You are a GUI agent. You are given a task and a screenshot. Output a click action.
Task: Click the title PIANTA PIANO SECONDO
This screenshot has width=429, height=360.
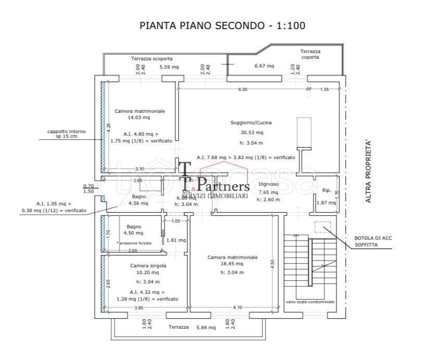coord(222,25)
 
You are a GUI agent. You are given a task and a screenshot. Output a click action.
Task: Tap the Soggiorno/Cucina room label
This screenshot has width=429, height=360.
coord(251,123)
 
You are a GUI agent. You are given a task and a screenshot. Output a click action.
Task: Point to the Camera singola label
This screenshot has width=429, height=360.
coord(148,265)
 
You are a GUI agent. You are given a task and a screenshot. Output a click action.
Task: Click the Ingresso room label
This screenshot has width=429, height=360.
coord(269,184)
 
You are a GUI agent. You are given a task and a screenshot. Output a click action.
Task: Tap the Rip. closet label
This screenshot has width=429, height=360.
coord(326,190)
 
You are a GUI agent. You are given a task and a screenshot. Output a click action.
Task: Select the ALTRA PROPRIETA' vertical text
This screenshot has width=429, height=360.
coord(368,171)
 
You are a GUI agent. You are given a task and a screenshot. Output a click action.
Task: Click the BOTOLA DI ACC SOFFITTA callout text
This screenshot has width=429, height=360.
coord(373,240)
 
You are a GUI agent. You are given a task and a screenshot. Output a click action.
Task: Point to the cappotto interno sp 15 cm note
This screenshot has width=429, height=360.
coord(67,134)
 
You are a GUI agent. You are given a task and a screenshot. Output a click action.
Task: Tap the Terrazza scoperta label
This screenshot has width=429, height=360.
coord(152,59)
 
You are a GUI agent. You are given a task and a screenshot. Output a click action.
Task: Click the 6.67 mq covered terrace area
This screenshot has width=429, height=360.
coord(264,66)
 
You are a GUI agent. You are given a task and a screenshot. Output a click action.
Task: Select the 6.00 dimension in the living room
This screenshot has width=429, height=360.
coord(243,89)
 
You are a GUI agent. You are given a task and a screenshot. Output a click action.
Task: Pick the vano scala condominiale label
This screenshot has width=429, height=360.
coord(310,302)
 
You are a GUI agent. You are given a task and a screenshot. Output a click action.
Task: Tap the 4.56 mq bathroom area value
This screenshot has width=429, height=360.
coord(139,203)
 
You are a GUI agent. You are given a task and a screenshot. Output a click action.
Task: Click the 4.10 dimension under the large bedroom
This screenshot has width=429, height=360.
coord(237,308)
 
